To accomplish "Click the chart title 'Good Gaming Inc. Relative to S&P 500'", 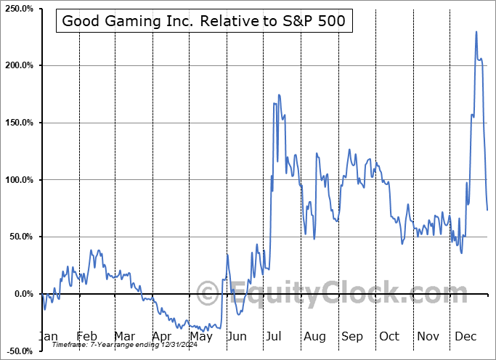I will (205, 21).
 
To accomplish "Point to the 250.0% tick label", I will (18, 9).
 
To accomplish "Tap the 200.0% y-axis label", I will (18, 65).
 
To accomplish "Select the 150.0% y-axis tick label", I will (18, 123).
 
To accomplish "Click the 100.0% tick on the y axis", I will (18, 179).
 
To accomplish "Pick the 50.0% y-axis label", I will (20, 237).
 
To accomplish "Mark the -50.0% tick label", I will (18, 351).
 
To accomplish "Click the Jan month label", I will (47, 336).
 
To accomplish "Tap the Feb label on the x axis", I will (86, 336).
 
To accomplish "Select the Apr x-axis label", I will (163, 336).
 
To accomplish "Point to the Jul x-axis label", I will (275, 336).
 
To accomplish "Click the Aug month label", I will (314, 336).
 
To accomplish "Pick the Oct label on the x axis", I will (389, 336).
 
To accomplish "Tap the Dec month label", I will (465, 336).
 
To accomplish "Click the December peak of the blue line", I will (476, 32).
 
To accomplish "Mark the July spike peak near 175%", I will (279, 95).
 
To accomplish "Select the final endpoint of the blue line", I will (487, 210).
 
